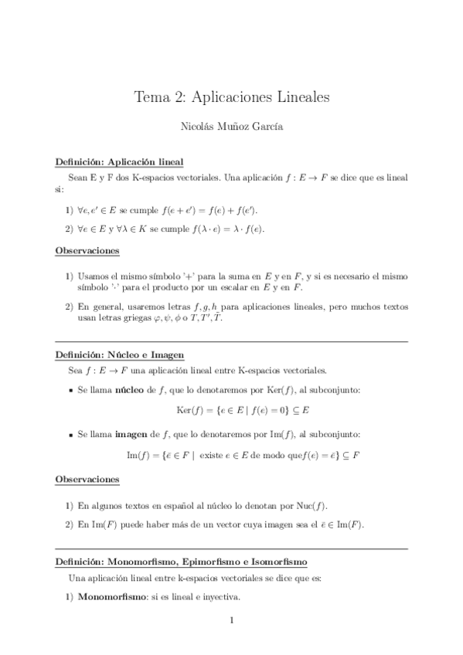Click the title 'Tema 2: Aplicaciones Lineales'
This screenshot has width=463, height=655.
coord(232,97)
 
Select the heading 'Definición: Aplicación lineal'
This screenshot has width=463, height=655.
coord(119,162)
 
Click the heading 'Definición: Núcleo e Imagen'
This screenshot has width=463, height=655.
coord(120,355)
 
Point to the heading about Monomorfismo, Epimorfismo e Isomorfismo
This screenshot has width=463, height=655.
coord(181,561)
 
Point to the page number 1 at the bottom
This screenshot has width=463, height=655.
coord(232,620)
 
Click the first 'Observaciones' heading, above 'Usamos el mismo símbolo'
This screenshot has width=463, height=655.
coord(87,250)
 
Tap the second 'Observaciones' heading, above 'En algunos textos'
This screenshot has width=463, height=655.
coord(87,480)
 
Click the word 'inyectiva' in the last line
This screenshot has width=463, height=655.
coord(220,597)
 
